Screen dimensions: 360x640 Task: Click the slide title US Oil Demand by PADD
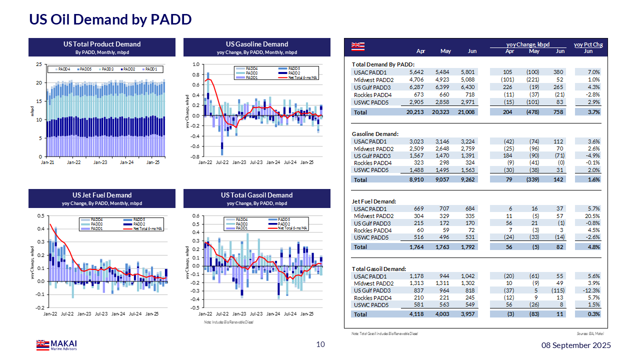(x=110, y=19)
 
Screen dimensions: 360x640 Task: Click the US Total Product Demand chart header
(x=102, y=44)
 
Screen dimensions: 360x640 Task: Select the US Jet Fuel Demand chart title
(x=102, y=195)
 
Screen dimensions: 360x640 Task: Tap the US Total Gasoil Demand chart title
(x=256, y=195)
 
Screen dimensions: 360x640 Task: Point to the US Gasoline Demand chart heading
(x=256, y=44)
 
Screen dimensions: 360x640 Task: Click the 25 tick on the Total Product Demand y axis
(x=38, y=64)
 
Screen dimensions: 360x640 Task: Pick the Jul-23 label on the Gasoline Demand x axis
(x=256, y=162)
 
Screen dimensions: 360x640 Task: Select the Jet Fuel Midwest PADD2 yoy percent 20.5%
(x=593, y=216)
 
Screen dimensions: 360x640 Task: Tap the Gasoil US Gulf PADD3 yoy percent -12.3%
(x=592, y=290)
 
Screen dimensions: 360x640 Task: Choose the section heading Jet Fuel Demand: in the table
(x=374, y=201)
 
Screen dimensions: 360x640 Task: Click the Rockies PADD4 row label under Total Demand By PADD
(x=372, y=95)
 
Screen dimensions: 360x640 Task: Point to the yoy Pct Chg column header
(x=588, y=44)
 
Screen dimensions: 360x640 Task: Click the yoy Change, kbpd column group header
(x=527, y=44)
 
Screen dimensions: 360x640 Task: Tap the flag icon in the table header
(x=357, y=46)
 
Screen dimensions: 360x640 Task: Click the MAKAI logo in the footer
(x=56, y=344)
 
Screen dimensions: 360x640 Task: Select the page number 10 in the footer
(x=320, y=344)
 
